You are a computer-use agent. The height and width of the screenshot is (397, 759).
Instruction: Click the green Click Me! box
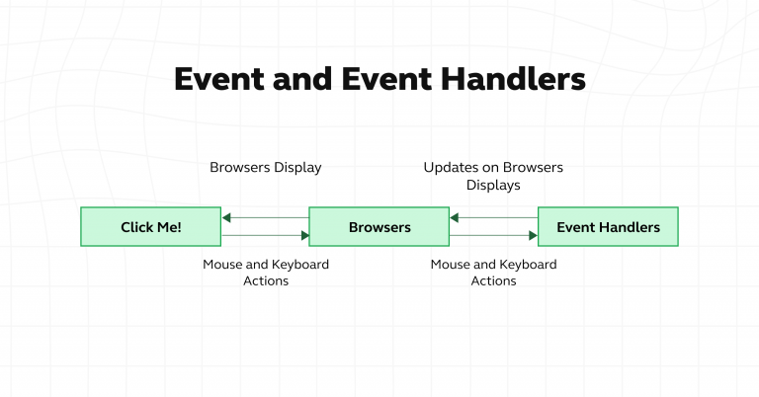point(150,227)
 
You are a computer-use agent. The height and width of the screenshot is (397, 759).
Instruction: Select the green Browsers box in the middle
point(379,227)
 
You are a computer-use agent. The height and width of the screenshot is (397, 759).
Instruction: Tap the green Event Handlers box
point(608,227)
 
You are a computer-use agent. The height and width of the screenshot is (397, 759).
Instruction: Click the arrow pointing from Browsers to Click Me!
point(265,217)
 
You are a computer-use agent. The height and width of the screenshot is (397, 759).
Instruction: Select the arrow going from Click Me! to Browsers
point(265,236)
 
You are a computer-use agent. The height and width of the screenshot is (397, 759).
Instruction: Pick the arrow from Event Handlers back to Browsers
point(493,217)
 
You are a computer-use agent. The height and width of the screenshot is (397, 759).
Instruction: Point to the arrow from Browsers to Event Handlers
point(493,236)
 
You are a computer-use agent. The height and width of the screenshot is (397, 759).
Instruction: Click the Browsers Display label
point(265,167)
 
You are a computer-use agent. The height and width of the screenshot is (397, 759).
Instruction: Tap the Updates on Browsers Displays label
point(493,176)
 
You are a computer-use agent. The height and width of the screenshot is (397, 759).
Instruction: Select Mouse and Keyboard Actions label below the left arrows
point(265,273)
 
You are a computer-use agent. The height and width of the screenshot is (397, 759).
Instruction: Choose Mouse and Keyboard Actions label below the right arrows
point(493,273)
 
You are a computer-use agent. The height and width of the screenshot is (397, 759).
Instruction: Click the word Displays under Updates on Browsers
point(493,185)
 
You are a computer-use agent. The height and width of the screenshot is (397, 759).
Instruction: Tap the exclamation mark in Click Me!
point(179,227)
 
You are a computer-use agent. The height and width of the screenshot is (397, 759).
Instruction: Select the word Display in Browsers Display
point(297,167)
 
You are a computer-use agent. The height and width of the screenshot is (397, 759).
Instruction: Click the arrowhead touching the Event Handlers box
point(532,236)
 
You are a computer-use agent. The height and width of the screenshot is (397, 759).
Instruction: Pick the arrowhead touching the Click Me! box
point(227,217)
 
